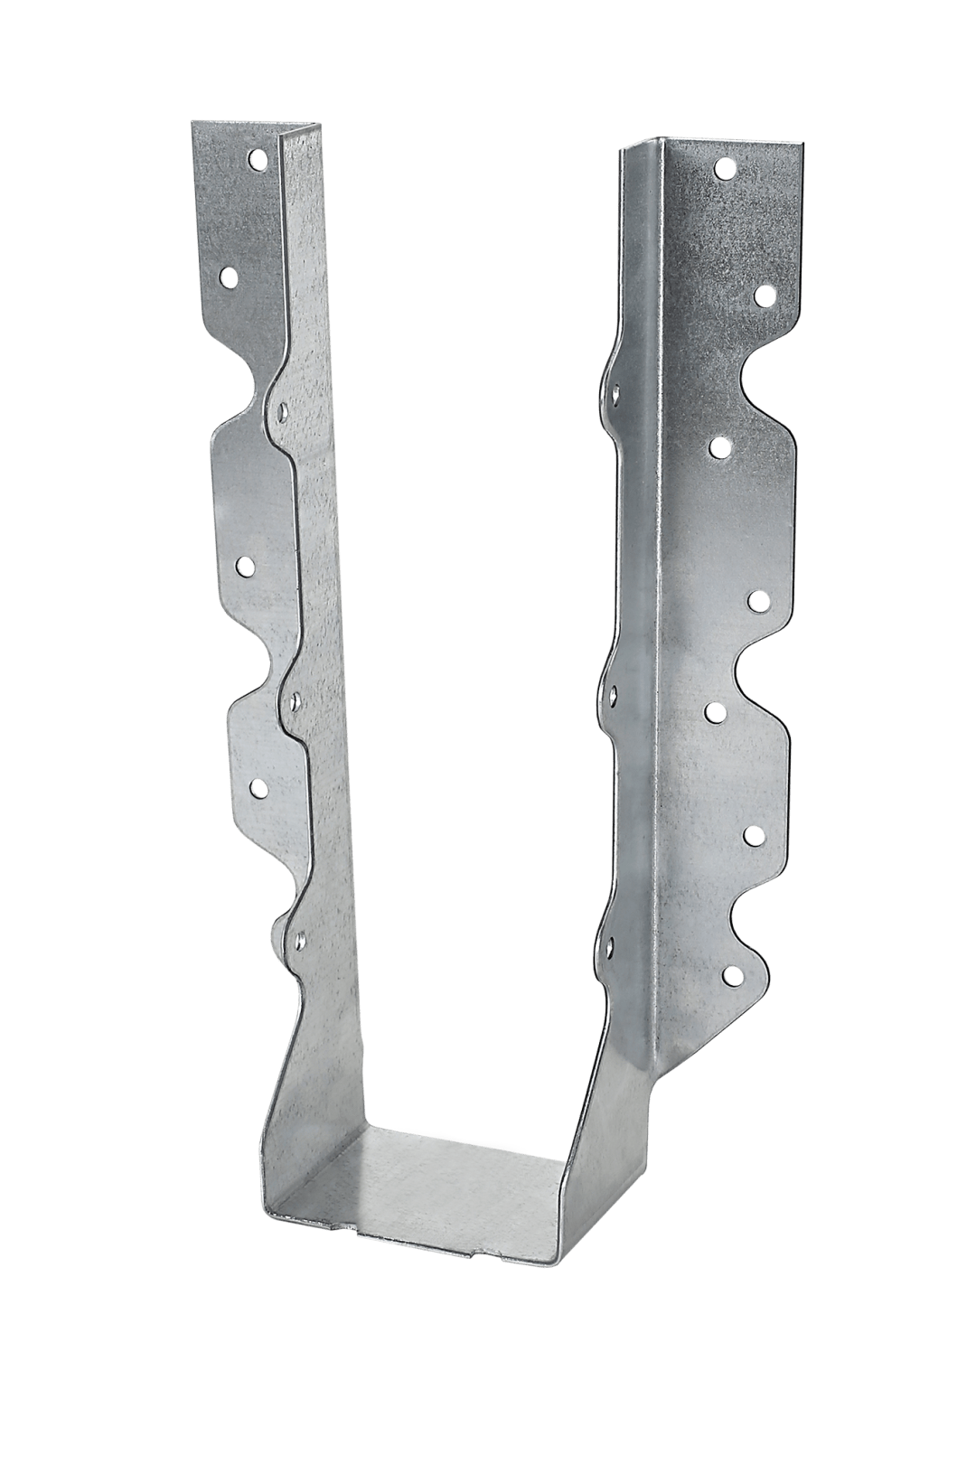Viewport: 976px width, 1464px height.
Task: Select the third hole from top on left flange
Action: tap(244, 565)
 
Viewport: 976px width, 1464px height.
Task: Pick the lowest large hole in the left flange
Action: tap(258, 786)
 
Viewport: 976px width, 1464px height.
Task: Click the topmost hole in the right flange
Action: tap(723, 168)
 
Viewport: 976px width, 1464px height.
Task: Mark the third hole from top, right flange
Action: tap(720, 446)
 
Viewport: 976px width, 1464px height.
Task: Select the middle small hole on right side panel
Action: tap(614, 694)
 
